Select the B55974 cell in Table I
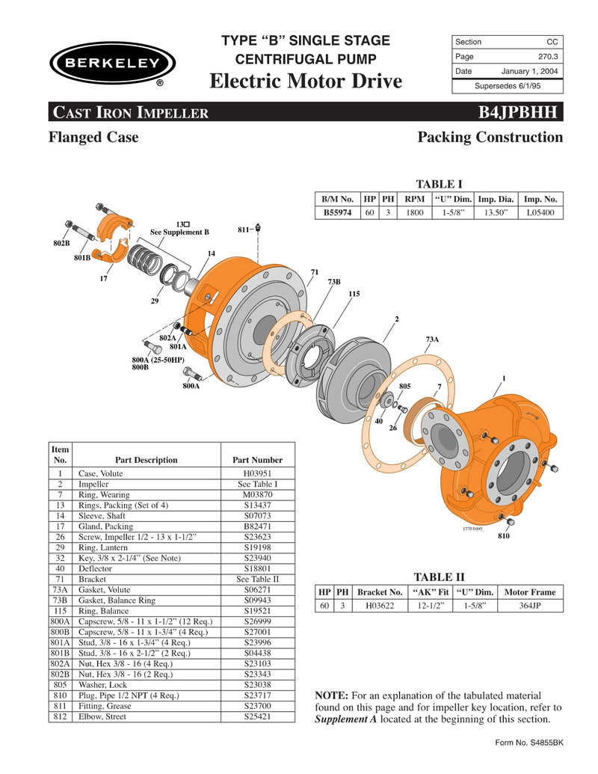point(337,212)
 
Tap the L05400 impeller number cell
point(540,212)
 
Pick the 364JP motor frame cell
point(531,606)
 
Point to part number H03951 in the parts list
point(258,473)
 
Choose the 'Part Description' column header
point(147,460)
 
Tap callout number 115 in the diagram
point(354,294)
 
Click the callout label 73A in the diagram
point(432,339)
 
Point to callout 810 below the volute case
point(503,537)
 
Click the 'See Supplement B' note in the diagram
point(180,232)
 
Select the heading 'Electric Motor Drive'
point(306,81)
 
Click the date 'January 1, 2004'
point(530,71)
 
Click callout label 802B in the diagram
point(61,243)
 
